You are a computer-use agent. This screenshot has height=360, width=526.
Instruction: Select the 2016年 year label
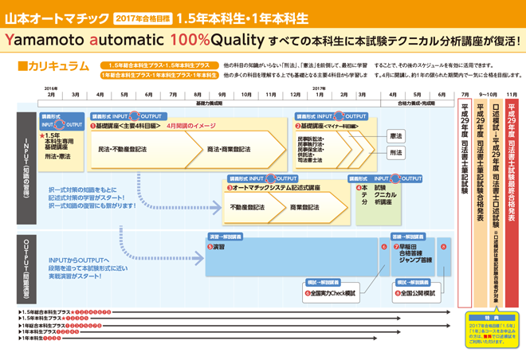(x=51, y=88)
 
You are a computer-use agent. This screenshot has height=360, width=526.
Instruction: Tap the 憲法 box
(x=395, y=136)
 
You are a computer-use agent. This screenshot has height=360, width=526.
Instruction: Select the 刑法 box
(x=395, y=153)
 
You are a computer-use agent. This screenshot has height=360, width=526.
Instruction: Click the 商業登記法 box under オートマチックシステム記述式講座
(x=304, y=207)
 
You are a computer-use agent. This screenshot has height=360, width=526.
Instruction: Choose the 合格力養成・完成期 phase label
(x=415, y=104)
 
